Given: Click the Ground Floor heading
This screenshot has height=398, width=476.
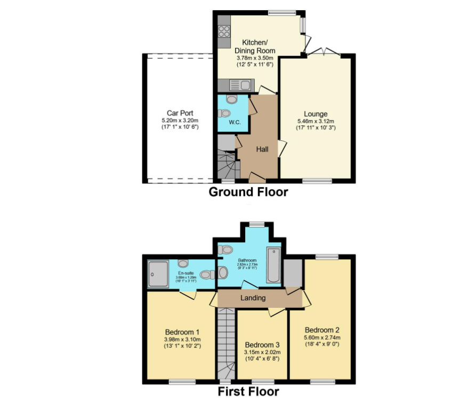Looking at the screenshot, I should coord(248,192).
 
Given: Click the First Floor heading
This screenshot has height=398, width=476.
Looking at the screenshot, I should coord(248,392).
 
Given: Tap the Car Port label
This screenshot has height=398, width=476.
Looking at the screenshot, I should coord(180,113).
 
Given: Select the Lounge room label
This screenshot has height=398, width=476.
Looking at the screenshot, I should coord(316,114).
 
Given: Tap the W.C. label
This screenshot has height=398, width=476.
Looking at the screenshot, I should coord(235,123).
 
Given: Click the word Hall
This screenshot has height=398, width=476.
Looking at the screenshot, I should coord(262,149).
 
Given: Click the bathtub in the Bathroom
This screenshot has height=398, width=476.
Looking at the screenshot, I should coord(273,265).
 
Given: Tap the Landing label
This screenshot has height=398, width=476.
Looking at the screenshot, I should coord(253,298).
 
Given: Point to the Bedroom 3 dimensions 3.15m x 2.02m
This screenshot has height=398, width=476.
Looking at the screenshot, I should coord(262,353).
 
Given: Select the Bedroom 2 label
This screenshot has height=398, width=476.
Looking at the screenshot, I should coord(322,330).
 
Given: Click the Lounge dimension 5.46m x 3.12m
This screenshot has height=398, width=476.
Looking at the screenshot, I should coord(316,121).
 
